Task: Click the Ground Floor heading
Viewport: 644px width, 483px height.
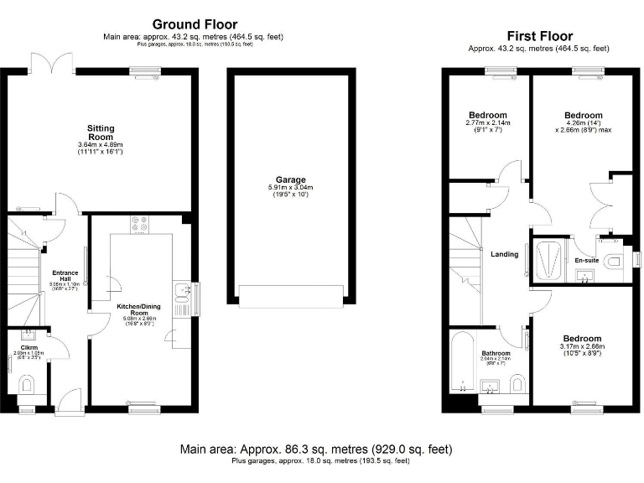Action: click(195, 24)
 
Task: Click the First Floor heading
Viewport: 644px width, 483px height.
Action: click(539, 36)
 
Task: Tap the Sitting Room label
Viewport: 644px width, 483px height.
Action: click(101, 132)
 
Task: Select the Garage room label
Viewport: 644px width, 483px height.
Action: click(293, 179)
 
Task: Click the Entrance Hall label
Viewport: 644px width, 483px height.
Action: click(65, 276)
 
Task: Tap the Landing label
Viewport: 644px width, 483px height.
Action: click(505, 254)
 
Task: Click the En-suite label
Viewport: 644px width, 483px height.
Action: click(586, 261)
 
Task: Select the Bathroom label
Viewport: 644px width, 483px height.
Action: click(496, 354)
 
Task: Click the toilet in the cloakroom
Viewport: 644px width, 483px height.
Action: click(26, 386)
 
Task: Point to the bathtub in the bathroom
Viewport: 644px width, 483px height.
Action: click(462, 362)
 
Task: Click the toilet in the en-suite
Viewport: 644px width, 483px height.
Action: click(614, 262)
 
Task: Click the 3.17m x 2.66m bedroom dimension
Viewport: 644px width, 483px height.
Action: click(582, 346)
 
